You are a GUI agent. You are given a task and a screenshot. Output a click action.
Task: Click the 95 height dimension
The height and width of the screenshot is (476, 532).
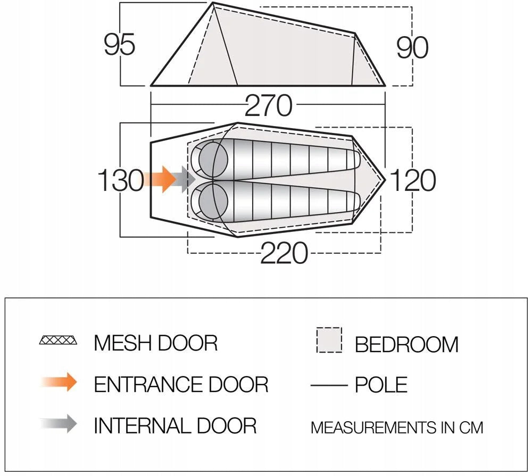(119, 44)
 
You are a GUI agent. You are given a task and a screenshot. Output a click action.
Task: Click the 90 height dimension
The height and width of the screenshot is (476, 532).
(413, 47)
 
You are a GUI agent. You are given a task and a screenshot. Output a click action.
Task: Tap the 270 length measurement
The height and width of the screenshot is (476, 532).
(268, 105)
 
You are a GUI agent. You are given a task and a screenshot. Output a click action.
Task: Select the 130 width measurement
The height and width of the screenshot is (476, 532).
(121, 180)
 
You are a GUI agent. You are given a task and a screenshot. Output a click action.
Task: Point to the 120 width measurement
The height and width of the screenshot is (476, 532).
(413, 180)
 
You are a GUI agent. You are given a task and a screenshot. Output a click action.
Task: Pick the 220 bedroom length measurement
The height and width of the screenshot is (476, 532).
(284, 253)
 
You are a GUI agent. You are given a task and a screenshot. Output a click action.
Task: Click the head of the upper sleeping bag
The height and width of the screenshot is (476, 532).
(213, 159)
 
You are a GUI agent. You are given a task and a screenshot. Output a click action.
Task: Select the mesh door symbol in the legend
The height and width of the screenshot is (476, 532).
(58, 340)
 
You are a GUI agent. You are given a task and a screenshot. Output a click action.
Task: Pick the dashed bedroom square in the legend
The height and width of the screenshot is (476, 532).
(329, 340)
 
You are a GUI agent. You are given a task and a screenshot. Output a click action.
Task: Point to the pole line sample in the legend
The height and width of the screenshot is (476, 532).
(329, 385)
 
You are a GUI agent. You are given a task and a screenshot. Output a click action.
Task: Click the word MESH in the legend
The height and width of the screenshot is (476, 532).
(123, 343)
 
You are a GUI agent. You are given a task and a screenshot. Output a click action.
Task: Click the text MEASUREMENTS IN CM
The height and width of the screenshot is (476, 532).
(397, 428)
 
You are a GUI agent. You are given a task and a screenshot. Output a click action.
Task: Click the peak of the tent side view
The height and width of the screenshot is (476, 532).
(213, 3)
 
